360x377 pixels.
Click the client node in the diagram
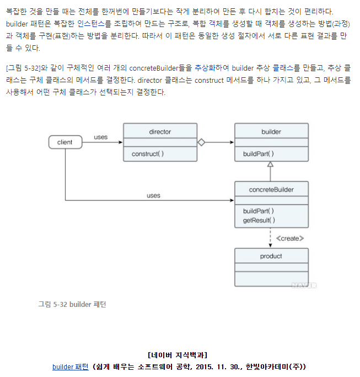click(x=65, y=142)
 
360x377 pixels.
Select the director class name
click(x=160, y=132)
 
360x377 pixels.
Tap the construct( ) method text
click(x=148, y=154)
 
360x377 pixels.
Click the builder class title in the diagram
click(x=271, y=132)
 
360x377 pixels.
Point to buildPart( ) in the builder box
click(x=259, y=154)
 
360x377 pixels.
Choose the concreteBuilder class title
click(x=271, y=190)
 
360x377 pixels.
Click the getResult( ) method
click(x=259, y=221)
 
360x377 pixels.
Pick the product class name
click(x=271, y=256)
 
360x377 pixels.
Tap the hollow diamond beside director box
click(x=201, y=142)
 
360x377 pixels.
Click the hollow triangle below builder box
click(x=271, y=164)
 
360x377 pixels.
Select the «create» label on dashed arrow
click(x=289, y=238)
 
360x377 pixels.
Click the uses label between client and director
click(x=101, y=137)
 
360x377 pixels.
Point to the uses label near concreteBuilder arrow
click(x=153, y=195)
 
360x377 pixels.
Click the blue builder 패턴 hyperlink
click(x=70, y=367)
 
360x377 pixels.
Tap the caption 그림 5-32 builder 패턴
click(x=72, y=304)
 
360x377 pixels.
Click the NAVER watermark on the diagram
click(x=304, y=285)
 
